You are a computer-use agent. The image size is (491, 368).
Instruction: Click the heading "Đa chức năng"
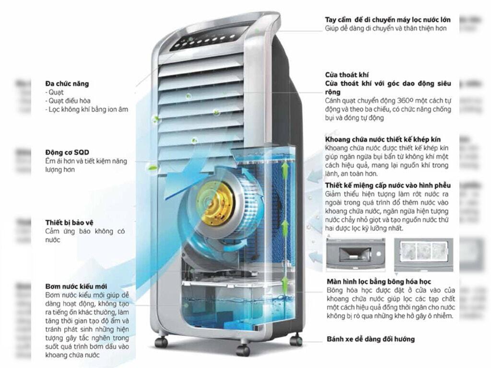tap(67, 84)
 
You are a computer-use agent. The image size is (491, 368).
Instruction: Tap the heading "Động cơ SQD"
tap(67, 152)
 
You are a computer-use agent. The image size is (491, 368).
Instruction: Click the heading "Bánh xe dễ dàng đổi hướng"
tap(371, 339)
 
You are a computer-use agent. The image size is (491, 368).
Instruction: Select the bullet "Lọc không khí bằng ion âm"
tap(88, 109)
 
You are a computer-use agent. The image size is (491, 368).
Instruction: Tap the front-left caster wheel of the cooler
tap(161, 342)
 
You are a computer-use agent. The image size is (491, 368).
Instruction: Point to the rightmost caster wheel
tap(296, 341)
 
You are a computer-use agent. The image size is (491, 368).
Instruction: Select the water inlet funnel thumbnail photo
tap(355, 254)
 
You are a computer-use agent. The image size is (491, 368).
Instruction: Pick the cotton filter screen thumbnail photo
tap(423, 254)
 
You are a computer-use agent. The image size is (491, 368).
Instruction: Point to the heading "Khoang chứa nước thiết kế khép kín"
tap(383, 139)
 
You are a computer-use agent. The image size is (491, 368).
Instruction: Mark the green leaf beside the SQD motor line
tap(152, 168)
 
